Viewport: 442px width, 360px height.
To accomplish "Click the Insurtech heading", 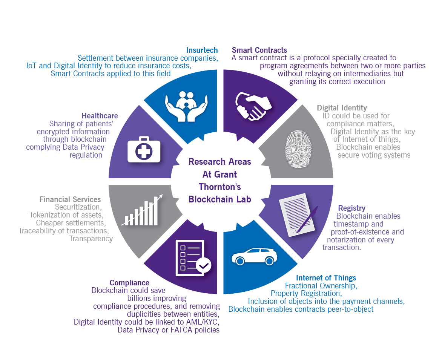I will (x=202, y=50).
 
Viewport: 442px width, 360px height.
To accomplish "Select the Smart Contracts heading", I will (x=259, y=50).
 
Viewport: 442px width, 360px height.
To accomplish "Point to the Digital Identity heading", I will (x=342, y=108).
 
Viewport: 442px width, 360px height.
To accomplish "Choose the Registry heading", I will (x=351, y=208).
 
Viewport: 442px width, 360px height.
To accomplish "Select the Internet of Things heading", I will (x=326, y=278).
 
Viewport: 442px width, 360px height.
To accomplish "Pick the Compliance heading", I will (x=129, y=283).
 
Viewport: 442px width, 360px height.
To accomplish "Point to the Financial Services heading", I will (x=70, y=199).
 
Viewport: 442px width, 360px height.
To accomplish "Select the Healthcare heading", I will (x=100, y=116).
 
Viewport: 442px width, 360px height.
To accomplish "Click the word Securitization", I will (x=78, y=207).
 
